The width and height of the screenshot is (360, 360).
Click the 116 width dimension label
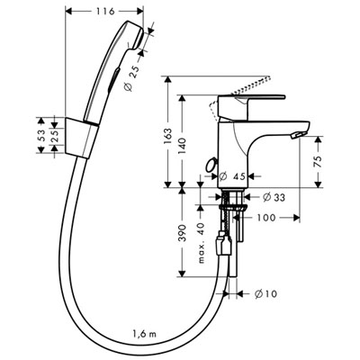[105, 12]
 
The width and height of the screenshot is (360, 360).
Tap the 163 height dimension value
[167, 138]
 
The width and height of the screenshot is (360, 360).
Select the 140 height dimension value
[182, 147]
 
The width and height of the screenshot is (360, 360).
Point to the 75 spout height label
[319, 161]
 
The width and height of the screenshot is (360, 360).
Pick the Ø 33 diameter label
[274, 197]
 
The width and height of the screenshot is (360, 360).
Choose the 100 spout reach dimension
[266, 217]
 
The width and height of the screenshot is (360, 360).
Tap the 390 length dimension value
[182, 232]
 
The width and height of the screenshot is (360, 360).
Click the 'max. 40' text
[201, 243]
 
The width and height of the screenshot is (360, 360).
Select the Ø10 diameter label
[265, 294]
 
